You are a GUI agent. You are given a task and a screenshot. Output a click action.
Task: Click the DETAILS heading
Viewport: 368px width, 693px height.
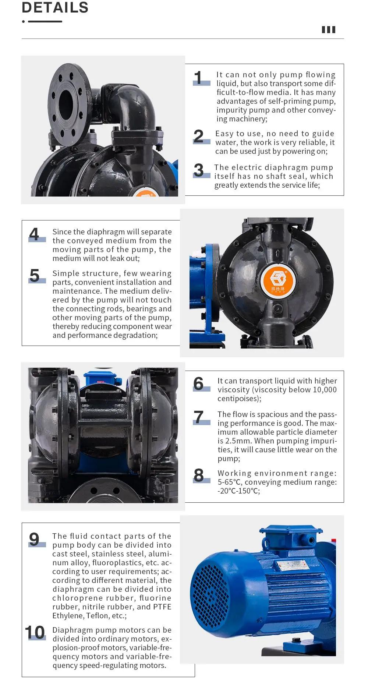(55, 7)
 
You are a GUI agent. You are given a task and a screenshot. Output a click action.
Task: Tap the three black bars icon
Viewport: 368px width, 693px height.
(328, 30)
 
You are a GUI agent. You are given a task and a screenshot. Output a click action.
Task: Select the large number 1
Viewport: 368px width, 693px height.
(198, 78)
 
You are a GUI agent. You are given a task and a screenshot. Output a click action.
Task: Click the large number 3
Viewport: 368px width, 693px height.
(199, 170)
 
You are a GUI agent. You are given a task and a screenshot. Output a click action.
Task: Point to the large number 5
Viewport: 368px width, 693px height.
(35, 275)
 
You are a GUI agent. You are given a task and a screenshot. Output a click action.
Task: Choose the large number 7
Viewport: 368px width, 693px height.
(199, 417)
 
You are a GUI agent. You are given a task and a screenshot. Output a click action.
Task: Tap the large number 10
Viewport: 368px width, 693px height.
(35, 633)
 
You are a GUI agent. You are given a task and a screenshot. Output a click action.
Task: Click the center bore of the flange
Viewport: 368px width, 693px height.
(66, 100)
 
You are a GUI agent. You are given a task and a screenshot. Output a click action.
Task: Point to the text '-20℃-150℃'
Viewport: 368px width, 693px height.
(238, 491)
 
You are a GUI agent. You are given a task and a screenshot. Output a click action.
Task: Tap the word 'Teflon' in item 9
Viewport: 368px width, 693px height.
(98, 616)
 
